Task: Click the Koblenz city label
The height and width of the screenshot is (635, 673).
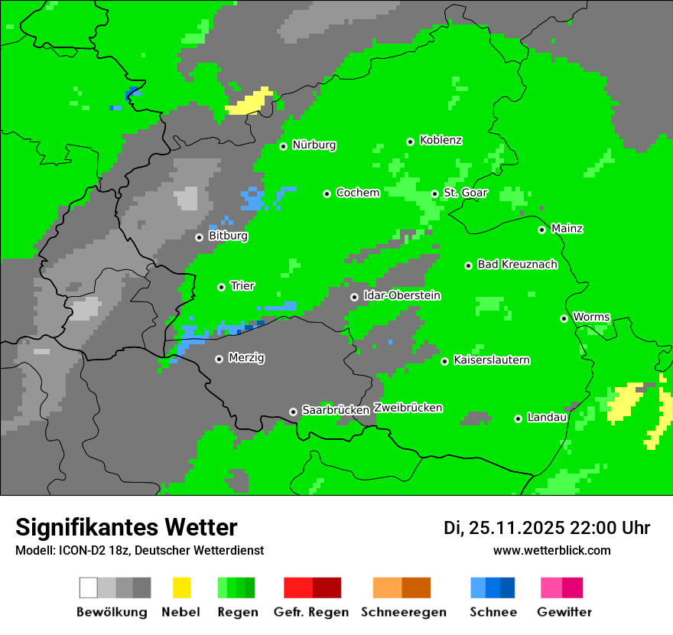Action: (441, 141)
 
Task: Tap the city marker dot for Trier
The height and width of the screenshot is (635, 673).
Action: (221, 287)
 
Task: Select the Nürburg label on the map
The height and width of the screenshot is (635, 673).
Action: (314, 145)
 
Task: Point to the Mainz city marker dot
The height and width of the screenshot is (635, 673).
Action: (541, 230)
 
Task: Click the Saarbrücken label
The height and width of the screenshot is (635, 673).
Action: (336, 410)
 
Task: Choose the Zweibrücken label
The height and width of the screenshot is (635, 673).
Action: (408, 408)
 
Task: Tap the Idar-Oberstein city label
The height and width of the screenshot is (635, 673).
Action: (402, 296)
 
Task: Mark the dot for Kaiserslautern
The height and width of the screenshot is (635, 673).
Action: (444, 361)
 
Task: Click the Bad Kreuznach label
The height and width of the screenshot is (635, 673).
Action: (517, 265)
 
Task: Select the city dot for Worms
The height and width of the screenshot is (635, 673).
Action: (564, 318)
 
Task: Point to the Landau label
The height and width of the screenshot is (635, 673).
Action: (547, 418)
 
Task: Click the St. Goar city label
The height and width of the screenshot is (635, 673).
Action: (465, 194)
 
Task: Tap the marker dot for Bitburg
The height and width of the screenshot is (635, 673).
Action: (199, 237)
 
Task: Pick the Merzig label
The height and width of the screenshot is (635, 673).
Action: (246, 358)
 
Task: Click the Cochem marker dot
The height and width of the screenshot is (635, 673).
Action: (327, 194)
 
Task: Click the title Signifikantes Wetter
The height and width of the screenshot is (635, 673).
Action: (126, 527)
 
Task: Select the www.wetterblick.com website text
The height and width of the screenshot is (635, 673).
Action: (551, 550)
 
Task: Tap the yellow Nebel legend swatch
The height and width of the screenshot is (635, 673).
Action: (181, 588)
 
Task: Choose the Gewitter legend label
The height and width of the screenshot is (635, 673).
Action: (564, 612)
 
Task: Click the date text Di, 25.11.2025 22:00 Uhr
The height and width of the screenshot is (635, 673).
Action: (547, 528)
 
